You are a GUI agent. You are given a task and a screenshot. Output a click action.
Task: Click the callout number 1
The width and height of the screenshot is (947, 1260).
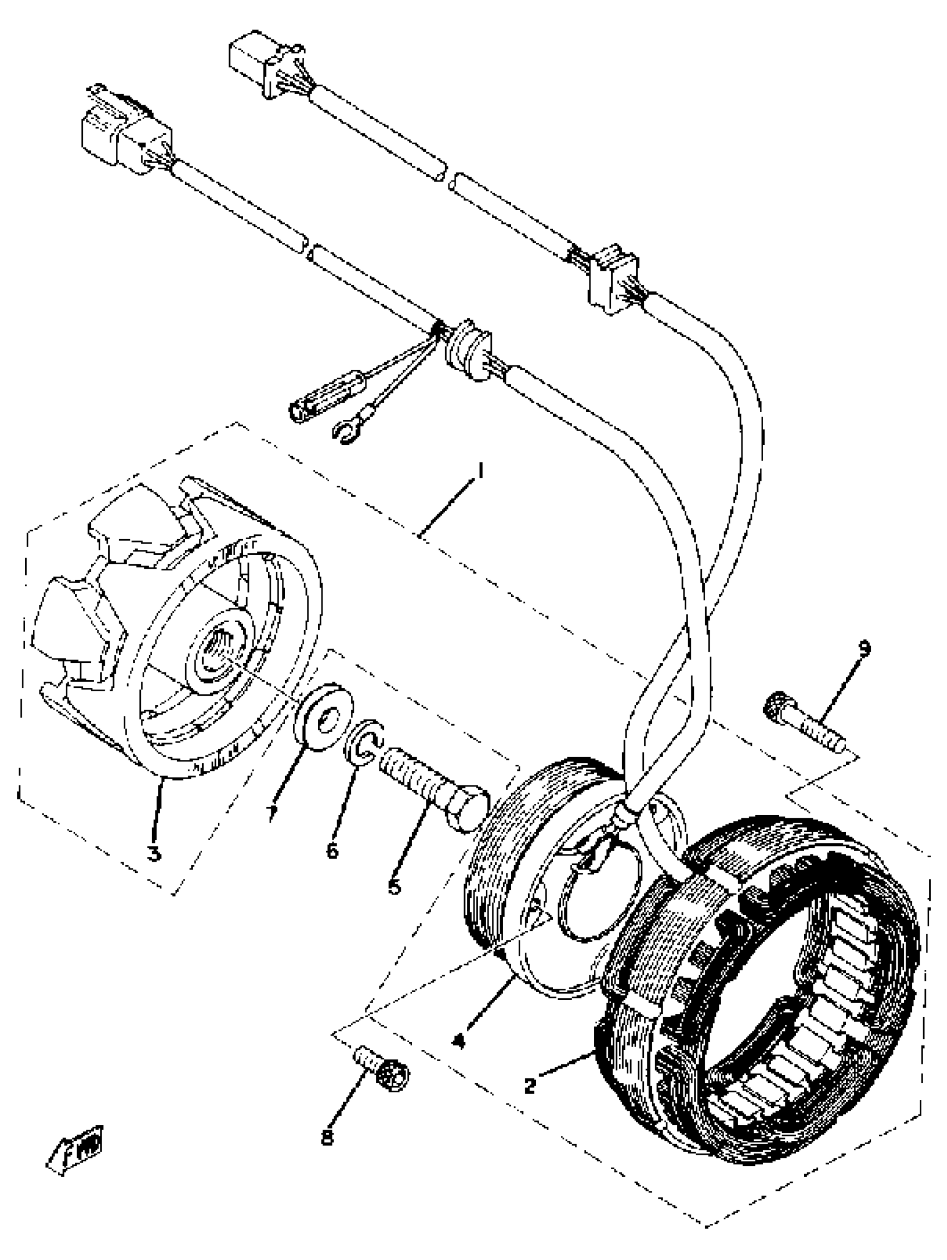480,472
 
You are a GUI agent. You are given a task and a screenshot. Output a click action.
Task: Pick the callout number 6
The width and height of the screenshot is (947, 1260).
332,851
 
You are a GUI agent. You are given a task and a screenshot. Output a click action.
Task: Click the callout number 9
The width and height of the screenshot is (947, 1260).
865,648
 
